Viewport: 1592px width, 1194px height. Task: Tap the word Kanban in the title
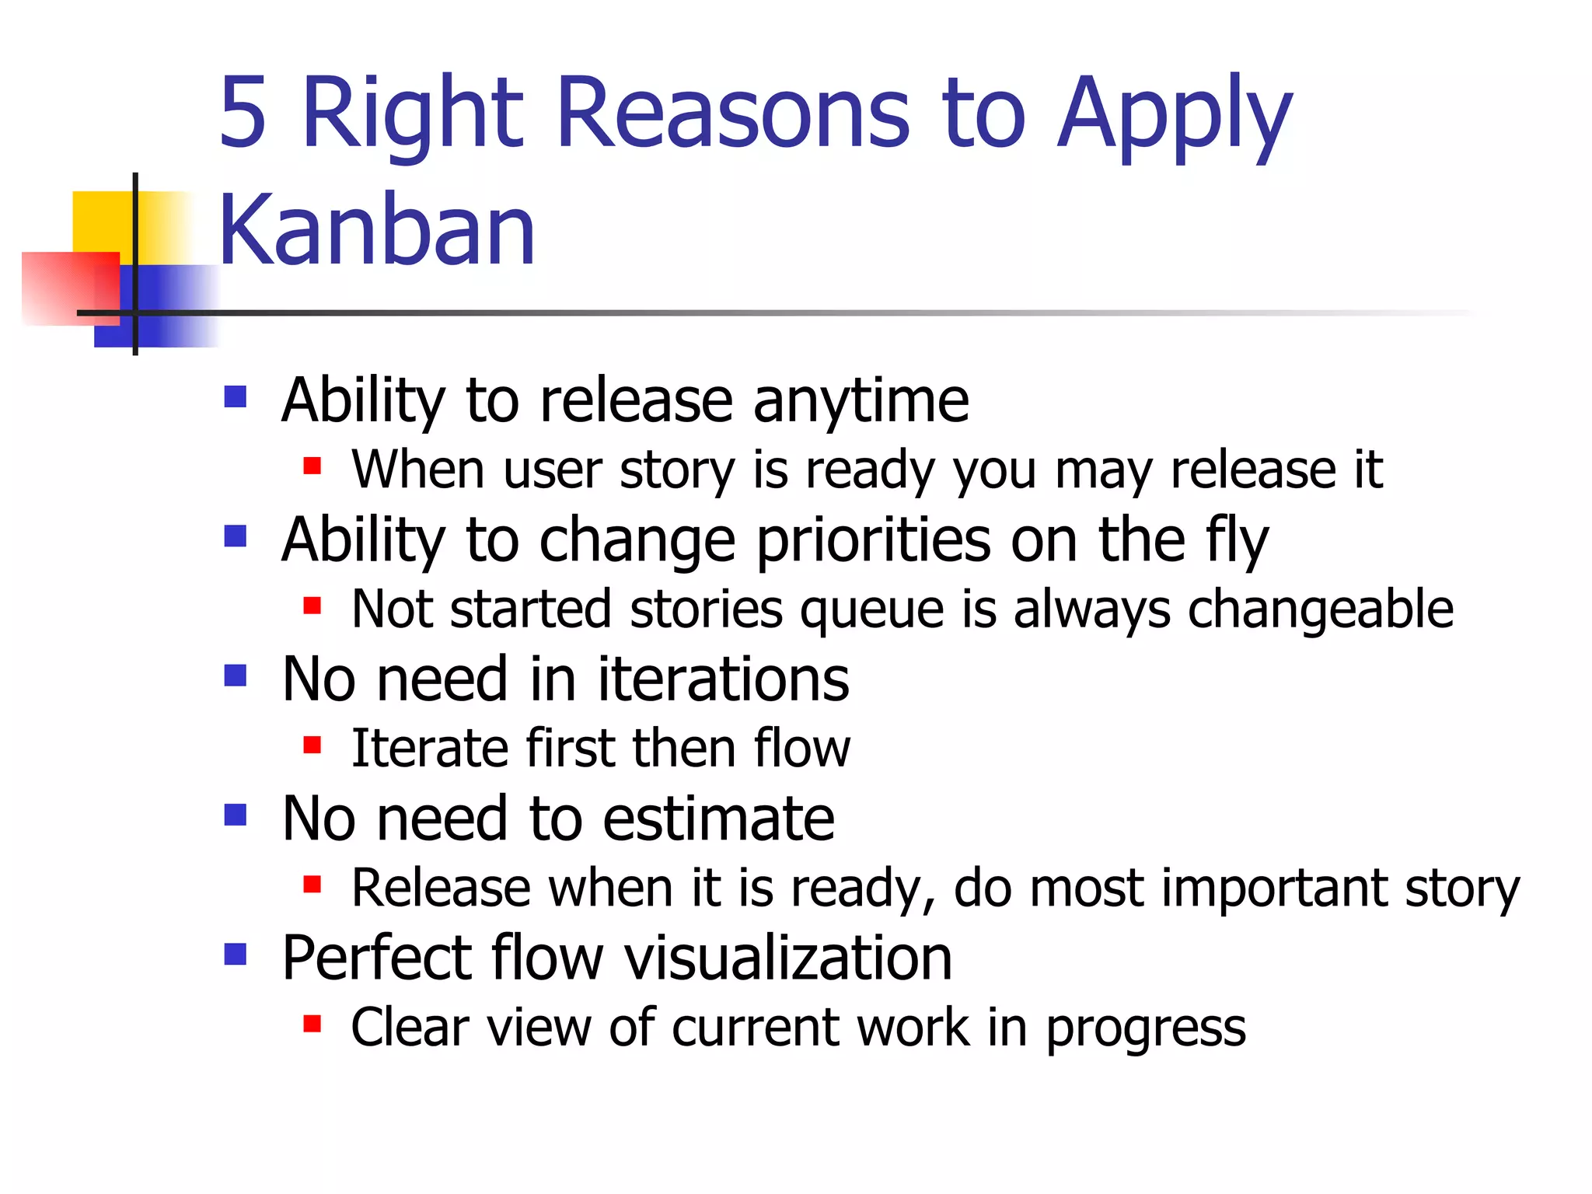tap(377, 229)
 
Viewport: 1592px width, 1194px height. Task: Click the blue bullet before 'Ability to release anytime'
tap(235, 397)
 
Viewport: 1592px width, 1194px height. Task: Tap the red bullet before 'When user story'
tap(312, 466)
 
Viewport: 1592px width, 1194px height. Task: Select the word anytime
tap(861, 401)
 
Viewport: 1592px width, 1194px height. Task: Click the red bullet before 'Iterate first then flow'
tap(312, 745)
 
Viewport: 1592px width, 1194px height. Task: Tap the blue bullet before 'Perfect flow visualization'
tap(235, 954)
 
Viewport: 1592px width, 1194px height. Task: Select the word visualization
tap(788, 958)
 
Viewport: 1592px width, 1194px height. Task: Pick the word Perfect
tap(377, 958)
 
